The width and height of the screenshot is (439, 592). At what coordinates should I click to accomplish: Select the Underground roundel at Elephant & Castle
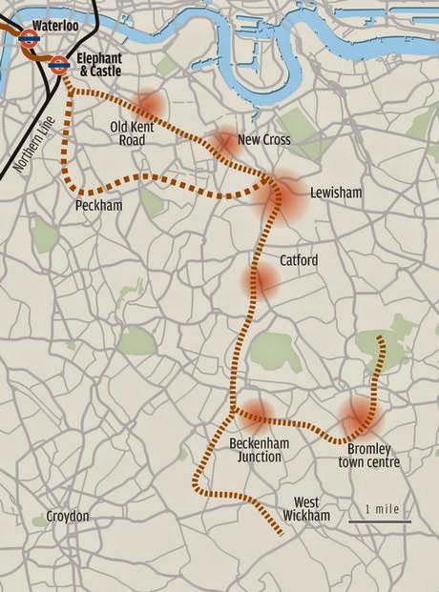[x=58, y=65]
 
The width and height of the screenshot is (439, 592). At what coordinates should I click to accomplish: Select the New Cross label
[x=263, y=140]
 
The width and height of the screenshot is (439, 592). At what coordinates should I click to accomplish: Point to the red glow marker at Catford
[x=262, y=279]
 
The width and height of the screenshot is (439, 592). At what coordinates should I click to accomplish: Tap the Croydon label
[x=68, y=517]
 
